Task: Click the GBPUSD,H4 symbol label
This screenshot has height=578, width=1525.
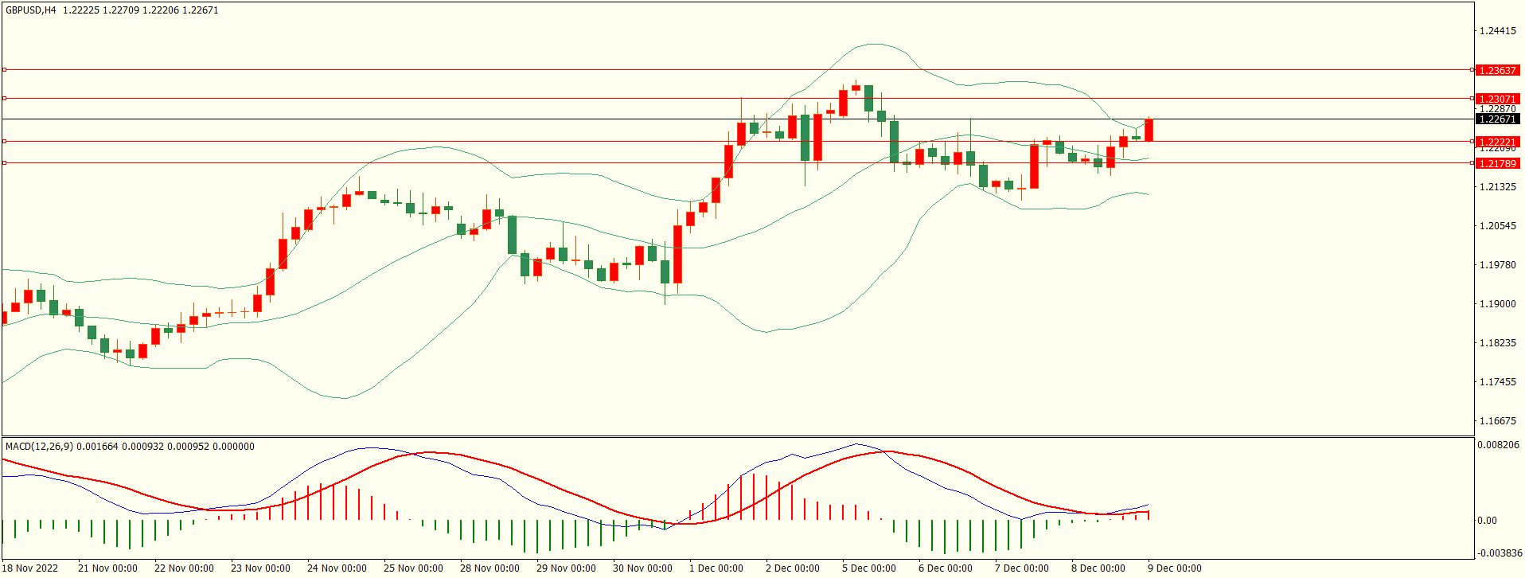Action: click(31, 10)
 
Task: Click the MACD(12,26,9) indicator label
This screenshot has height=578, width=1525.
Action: click(39, 447)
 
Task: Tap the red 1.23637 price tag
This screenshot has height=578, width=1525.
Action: click(1497, 71)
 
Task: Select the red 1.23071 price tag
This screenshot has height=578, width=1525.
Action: click(1497, 100)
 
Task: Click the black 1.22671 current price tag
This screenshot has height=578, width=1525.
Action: click(1497, 119)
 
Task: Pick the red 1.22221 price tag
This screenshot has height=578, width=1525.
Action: click(1497, 143)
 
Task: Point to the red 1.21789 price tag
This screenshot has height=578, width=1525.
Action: click(1497, 164)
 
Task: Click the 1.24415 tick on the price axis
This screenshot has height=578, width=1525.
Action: click(1497, 31)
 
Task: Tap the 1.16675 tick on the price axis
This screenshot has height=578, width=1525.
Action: click(1497, 421)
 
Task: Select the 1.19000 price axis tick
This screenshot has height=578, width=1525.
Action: click(1497, 304)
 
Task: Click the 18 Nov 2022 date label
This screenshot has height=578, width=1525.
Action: click(31, 568)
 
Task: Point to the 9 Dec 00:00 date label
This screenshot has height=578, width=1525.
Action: click(1174, 568)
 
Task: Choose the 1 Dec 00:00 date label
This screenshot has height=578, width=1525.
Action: click(716, 568)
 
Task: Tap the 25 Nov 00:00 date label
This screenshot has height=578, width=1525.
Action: click(413, 568)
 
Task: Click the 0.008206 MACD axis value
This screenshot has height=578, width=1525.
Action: click(1497, 445)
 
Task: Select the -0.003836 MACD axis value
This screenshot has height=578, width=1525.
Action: click(1500, 553)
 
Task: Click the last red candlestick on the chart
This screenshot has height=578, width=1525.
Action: click(1149, 130)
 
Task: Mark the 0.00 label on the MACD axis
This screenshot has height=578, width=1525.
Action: click(1487, 521)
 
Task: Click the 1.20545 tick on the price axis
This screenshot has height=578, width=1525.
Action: click(1497, 226)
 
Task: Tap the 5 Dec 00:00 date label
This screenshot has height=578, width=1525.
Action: click(868, 568)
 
